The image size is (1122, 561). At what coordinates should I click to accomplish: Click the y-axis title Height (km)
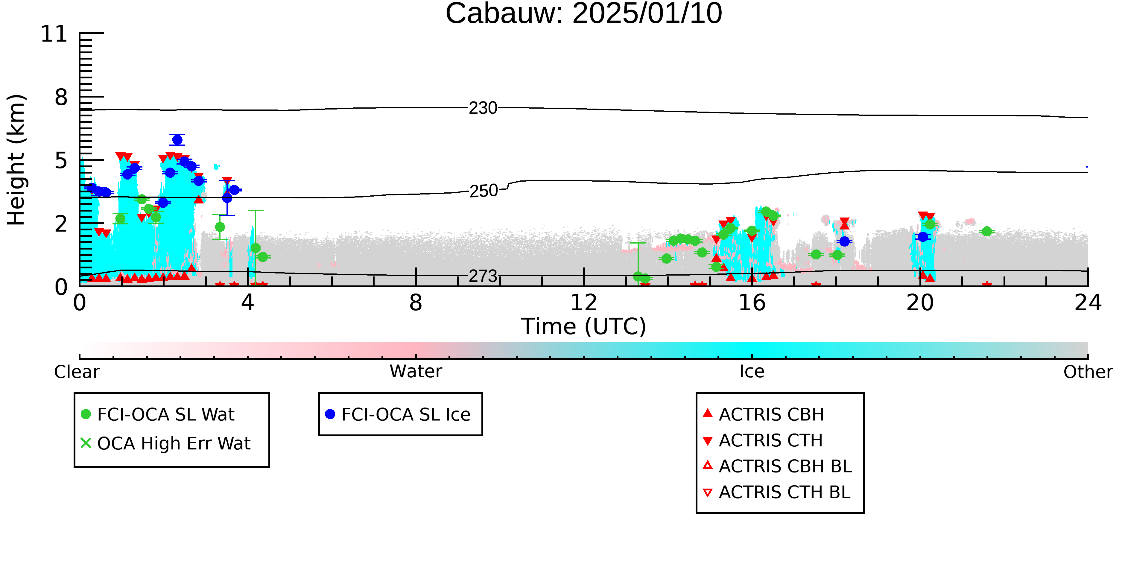(16, 160)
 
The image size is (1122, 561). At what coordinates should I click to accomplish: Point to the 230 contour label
(483, 108)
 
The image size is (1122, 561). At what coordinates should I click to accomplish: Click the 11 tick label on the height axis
(54, 34)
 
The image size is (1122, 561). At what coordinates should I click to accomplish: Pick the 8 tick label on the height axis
(61, 97)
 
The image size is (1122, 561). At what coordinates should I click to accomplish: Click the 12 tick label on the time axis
(584, 303)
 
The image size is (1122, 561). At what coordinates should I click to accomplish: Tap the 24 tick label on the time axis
(1088, 303)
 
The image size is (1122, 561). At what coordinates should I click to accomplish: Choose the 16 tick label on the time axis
(752, 303)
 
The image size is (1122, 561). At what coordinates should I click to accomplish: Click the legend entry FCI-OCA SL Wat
(158, 414)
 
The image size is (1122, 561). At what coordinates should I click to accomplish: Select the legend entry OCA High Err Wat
(165, 443)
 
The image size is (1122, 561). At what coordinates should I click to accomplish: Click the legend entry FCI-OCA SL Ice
(398, 414)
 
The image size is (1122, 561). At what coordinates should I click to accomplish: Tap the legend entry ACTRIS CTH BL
(777, 492)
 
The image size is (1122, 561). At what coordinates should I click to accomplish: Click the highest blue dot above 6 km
(177, 140)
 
